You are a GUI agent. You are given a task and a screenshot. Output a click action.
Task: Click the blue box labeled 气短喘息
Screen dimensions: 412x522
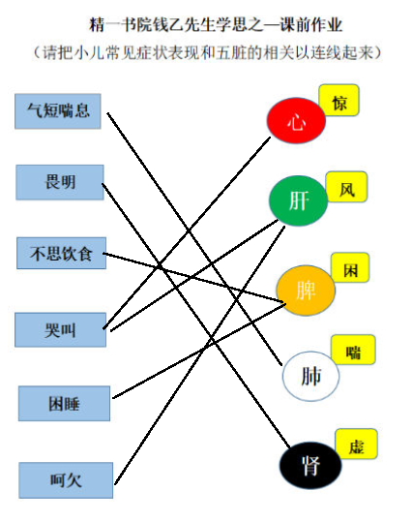[x=58, y=111]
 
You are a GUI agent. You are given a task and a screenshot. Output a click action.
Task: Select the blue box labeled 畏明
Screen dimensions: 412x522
[x=60, y=182]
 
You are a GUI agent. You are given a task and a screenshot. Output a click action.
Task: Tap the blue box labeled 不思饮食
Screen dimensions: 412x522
[x=62, y=254]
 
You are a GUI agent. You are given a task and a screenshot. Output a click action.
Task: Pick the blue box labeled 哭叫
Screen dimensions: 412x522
[x=61, y=330]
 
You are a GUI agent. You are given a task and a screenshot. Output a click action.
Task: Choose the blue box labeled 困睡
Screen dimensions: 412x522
[x=64, y=404]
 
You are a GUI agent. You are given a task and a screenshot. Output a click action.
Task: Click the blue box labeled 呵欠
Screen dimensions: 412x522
[x=66, y=480]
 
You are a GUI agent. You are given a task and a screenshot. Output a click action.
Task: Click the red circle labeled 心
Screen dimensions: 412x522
[x=296, y=120]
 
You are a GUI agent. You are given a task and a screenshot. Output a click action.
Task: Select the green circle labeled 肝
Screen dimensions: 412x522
[x=298, y=200]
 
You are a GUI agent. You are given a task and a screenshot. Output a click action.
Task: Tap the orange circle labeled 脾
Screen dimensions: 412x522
[x=306, y=291]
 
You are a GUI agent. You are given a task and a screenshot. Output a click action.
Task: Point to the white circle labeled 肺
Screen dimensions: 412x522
[x=310, y=376]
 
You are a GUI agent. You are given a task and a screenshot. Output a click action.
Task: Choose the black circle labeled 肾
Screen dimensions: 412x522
[x=310, y=466]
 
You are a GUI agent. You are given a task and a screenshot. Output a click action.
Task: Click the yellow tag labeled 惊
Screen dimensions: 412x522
[x=338, y=101]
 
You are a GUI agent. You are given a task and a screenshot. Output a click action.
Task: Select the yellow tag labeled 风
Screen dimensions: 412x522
[x=347, y=187]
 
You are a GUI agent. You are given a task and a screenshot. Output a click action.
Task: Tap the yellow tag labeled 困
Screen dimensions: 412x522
[x=350, y=267]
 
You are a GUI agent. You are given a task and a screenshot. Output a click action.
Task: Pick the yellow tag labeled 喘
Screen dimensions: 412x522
[x=353, y=350]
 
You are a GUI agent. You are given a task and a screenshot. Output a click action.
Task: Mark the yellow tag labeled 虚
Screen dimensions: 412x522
[x=356, y=445]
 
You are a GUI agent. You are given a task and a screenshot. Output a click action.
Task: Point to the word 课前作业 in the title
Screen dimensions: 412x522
[x=311, y=25]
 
